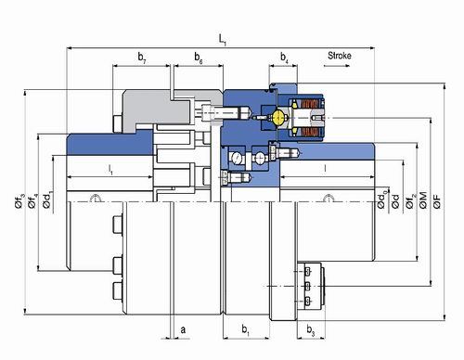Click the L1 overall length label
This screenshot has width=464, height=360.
[x=223, y=40]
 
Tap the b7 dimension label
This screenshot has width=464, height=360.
[x=142, y=58]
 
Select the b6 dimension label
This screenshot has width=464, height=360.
[x=199, y=58]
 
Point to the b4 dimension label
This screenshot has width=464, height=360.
[x=284, y=58]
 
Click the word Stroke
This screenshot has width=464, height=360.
[x=340, y=56]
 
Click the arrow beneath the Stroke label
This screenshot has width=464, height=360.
[x=337, y=66]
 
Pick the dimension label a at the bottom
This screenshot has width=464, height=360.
[x=183, y=329]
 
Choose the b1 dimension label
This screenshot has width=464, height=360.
[x=246, y=330]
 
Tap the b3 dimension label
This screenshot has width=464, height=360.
[x=311, y=330]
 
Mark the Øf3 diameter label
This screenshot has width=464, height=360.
[x=19, y=200]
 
